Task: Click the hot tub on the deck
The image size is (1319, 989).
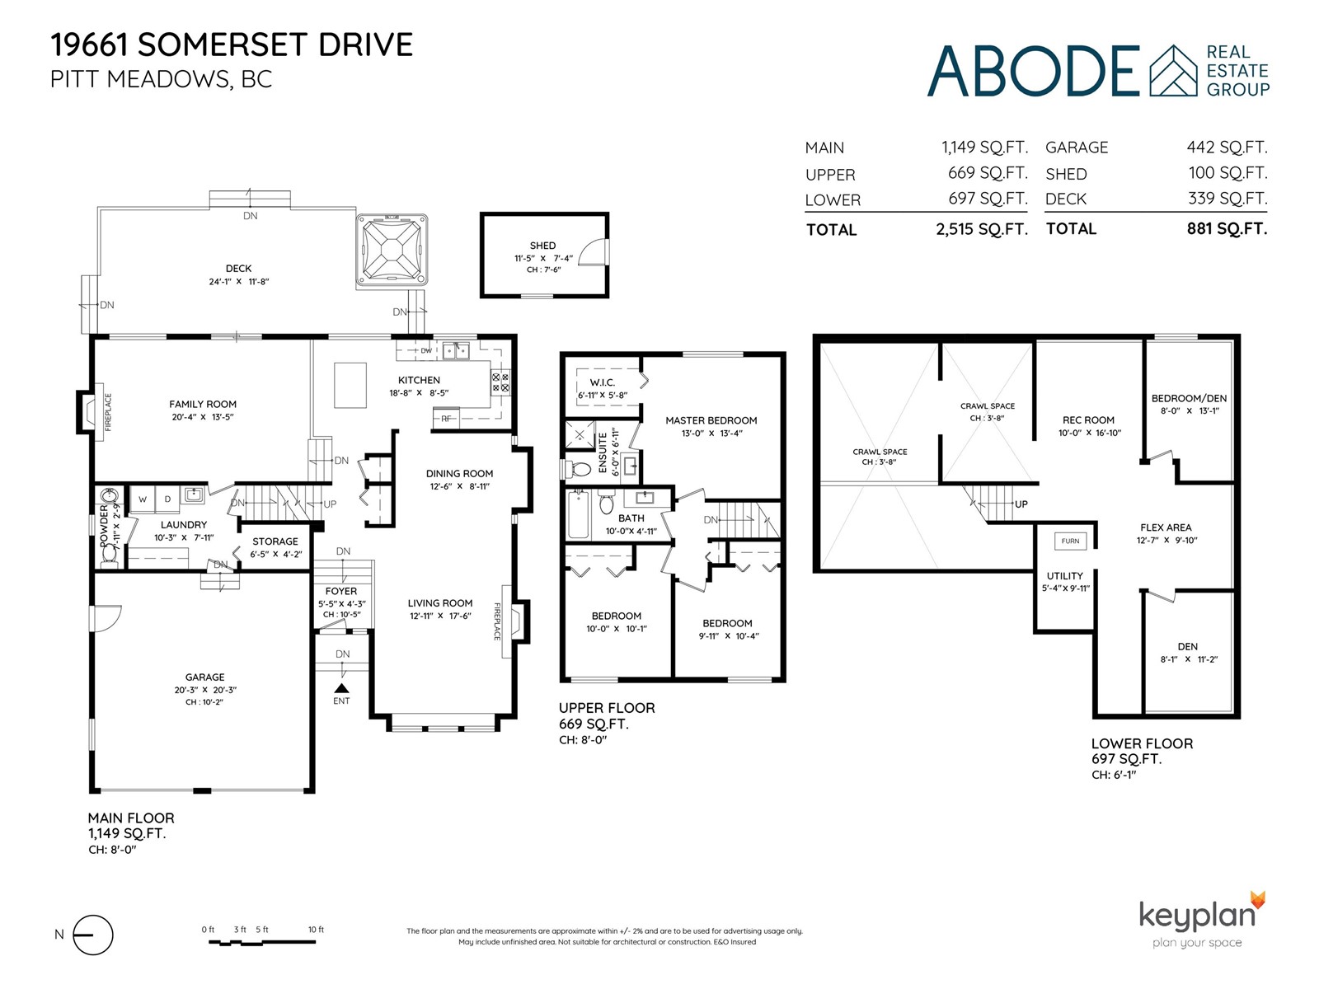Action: click(x=392, y=249)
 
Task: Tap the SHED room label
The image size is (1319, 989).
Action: click(x=542, y=246)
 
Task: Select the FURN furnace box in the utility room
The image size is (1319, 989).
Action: click(x=1070, y=541)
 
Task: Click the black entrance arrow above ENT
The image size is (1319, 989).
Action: click(x=341, y=688)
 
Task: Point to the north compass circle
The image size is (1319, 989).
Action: click(x=93, y=935)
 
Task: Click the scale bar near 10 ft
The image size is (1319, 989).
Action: click(x=262, y=942)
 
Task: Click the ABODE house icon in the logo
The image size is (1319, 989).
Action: click(x=1173, y=70)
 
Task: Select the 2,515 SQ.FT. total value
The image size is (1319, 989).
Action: click(x=982, y=229)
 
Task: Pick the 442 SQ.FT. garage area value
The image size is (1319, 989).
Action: click(x=1227, y=148)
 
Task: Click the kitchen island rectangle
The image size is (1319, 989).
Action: click(x=350, y=385)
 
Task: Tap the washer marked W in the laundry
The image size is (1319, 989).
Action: click(x=143, y=499)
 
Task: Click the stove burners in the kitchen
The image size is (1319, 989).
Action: click(x=500, y=382)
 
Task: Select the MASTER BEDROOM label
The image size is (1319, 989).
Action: click(x=711, y=420)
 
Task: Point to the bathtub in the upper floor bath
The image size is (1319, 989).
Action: click(x=579, y=514)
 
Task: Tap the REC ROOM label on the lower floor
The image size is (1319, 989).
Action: click(x=1088, y=420)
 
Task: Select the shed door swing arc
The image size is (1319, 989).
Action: click(x=595, y=251)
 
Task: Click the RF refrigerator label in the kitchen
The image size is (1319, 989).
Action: click(x=446, y=419)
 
